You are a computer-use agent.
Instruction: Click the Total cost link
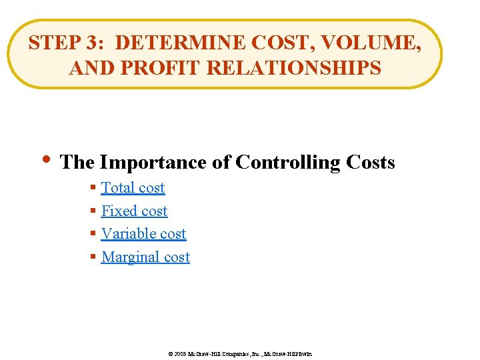point(133,188)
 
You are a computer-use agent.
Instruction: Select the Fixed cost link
point(134,211)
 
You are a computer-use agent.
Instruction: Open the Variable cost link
point(143,234)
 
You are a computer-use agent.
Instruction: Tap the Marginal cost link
point(145,257)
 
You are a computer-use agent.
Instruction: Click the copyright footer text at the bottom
point(239,353)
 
